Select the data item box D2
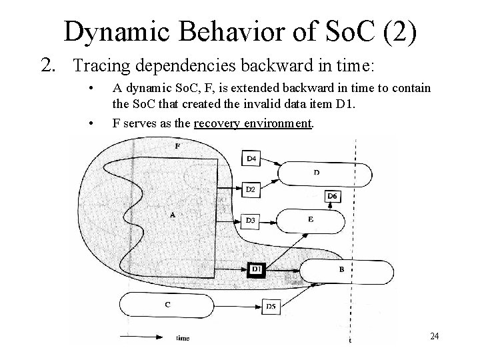point(251,190)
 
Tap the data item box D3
point(251,219)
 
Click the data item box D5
point(271,306)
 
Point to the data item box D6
point(333,197)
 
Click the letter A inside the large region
point(173,215)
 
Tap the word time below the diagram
point(182,338)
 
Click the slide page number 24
point(434,335)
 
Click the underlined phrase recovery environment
point(275,123)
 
